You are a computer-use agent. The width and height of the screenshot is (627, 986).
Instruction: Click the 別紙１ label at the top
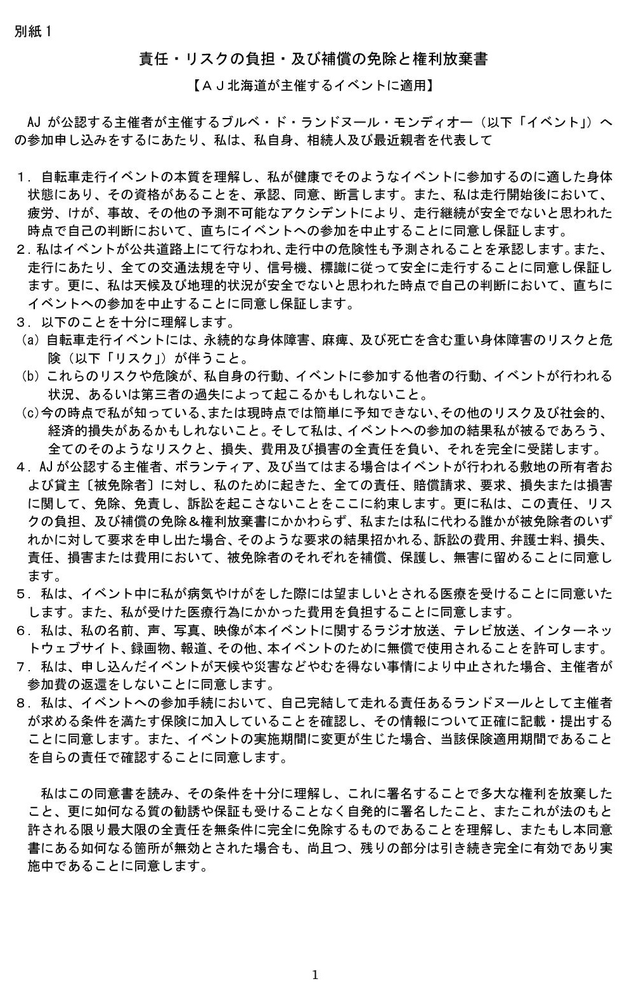click(33, 32)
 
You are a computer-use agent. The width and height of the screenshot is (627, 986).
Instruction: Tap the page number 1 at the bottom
click(315, 975)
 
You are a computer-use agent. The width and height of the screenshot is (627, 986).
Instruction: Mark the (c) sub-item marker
click(31, 413)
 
